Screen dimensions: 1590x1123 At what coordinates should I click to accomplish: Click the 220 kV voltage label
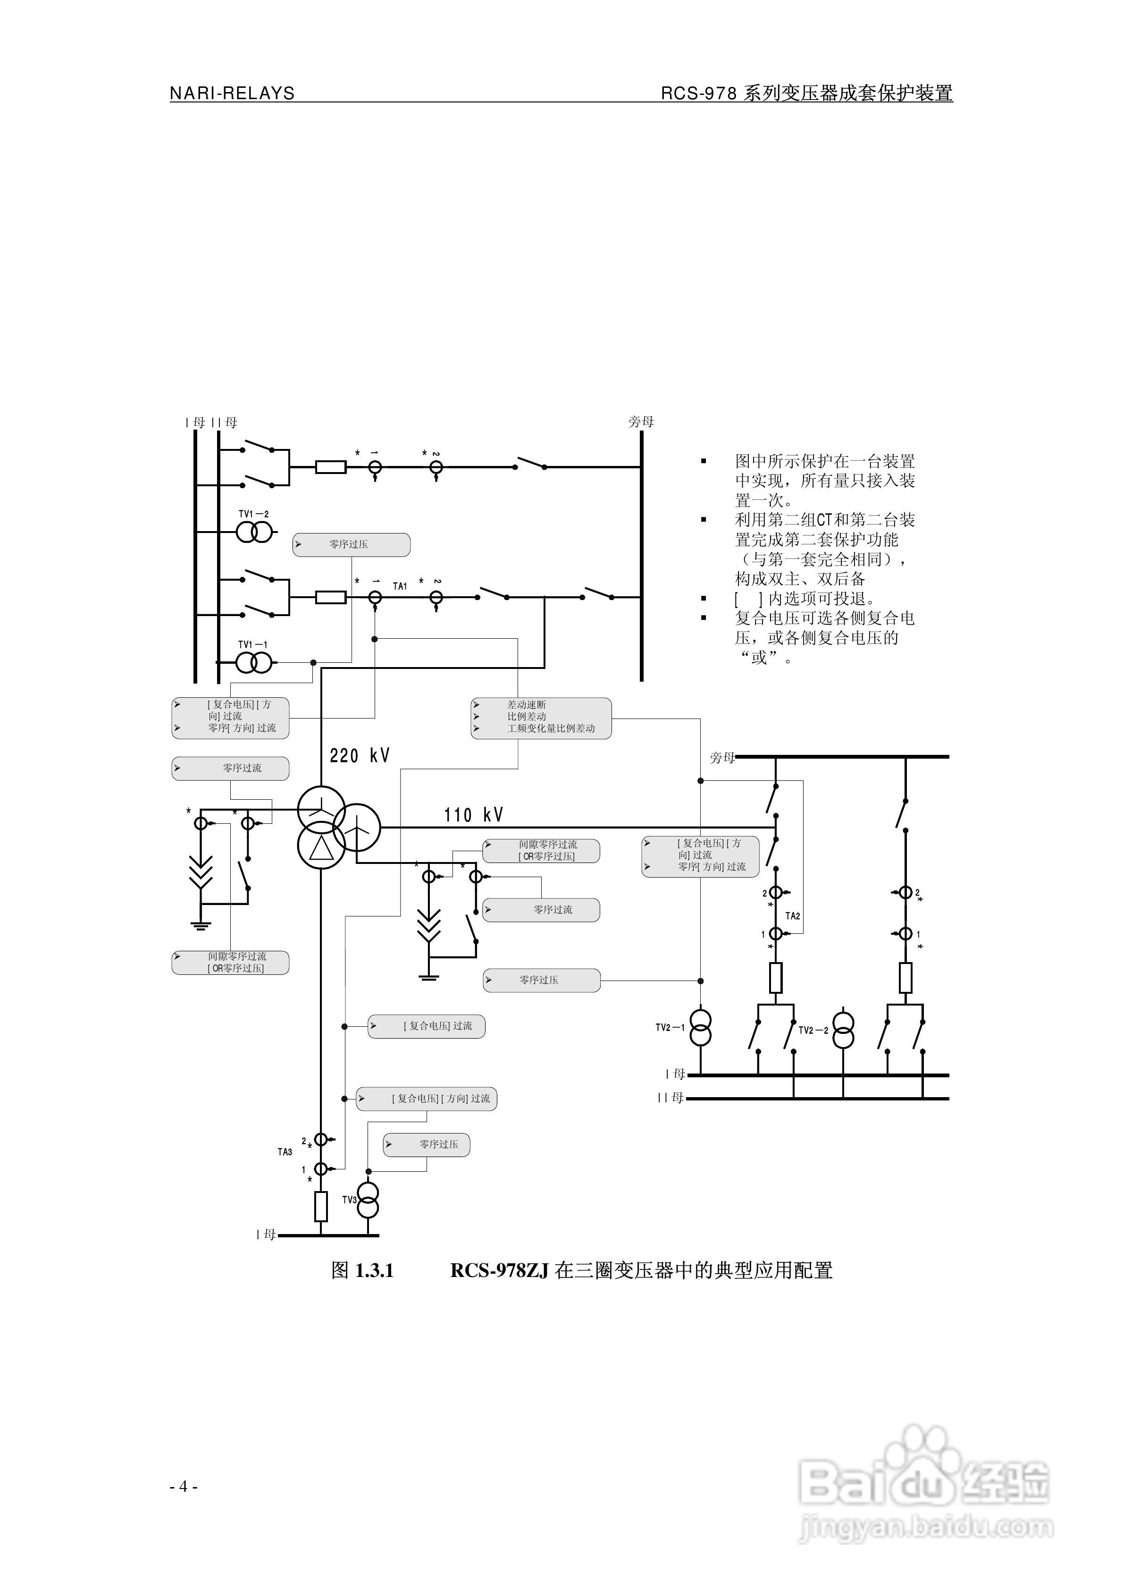360,755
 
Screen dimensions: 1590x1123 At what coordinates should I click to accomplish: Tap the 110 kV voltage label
474,815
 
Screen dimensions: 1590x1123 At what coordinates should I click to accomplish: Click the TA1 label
400,586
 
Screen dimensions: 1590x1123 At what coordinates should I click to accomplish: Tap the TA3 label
285,1151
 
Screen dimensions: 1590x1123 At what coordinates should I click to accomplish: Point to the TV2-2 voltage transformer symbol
843,1031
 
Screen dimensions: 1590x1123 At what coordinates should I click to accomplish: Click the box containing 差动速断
541,718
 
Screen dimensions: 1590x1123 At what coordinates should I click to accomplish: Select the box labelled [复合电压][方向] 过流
427,1099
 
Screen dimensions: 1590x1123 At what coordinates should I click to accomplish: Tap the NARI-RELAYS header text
232,93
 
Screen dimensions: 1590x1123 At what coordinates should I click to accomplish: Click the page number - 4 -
184,1486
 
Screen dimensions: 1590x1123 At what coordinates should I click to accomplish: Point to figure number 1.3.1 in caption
373,1270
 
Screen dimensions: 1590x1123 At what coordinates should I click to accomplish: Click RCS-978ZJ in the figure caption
498,1270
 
